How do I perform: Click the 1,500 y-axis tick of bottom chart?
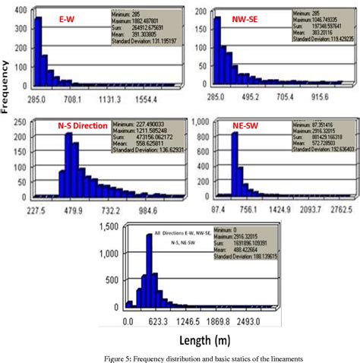point(106,226)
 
